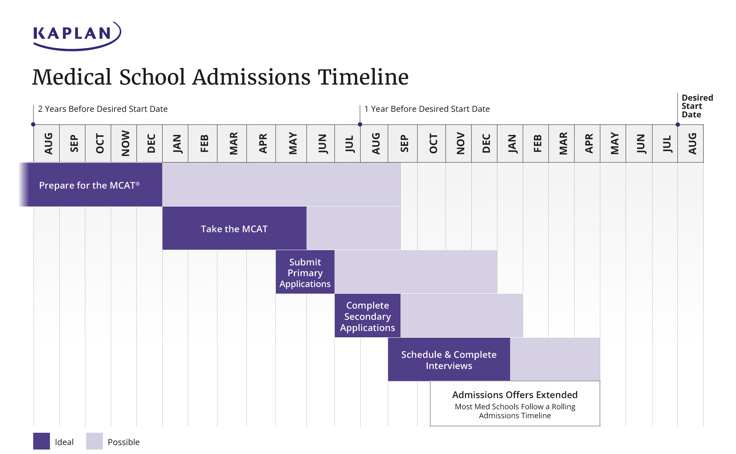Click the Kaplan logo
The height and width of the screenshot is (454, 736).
(x=76, y=35)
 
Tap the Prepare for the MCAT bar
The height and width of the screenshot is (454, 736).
(x=89, y=185)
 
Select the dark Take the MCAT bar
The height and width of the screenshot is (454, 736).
(x=234, y=228)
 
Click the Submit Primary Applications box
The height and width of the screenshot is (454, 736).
(x=305, y=272)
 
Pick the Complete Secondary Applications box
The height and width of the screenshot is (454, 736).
(x=367, y=316)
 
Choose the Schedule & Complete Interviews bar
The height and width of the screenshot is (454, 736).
(x=449, y=360)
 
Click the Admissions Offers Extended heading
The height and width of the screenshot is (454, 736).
(x=515, y=395)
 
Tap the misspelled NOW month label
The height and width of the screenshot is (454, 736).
(x=125, y=144)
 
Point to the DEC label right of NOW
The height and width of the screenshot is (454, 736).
(x=151, y=144)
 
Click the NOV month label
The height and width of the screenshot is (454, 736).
(x=460, y=144)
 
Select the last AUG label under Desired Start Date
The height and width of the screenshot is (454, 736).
(x=692, y=144)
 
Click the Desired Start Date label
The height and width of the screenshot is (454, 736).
(x=696, y=106)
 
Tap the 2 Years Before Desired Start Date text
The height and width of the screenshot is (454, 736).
(x=103, y=109)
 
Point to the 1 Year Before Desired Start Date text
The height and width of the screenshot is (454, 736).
(x=427, y=109)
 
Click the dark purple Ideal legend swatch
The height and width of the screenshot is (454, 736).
(x=41, y=441)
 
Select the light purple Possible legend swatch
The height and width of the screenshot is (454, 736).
(x=94, y=441)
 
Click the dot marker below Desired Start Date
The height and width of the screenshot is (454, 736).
(x=677, y=125)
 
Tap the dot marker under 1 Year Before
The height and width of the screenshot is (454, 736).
(x=360, y=124)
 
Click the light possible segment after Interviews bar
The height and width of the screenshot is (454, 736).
(x=555, y=359)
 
